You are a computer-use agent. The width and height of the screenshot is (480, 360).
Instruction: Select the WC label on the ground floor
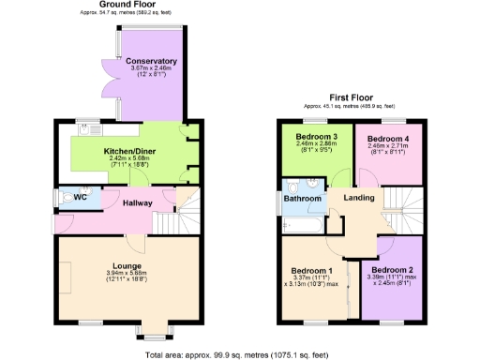(81, 198)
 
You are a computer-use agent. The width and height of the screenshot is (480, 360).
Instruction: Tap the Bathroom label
(303, 199)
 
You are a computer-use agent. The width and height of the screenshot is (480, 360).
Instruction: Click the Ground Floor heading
(101, 6)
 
